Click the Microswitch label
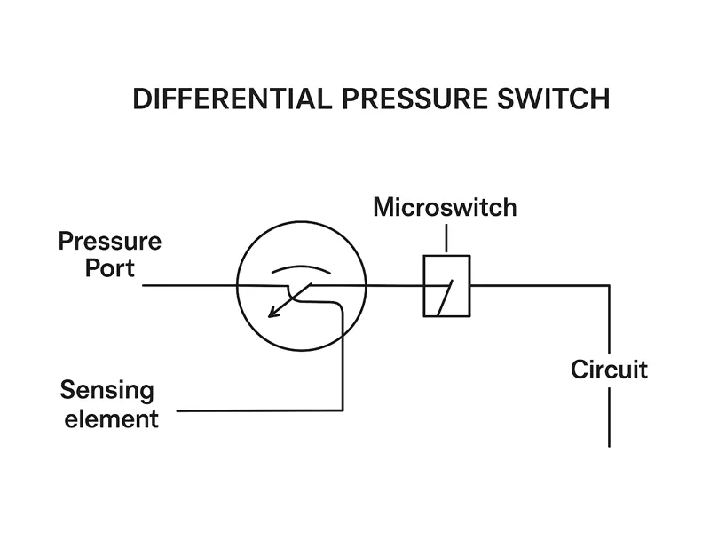(x=445, y=208)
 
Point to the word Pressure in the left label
(x=110, y=241)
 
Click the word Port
(x=110, y=267)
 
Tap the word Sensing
(x=106, y=391)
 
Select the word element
(x=109, y=418)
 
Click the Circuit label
(x=609, y=369)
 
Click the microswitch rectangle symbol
(x=446, y=286)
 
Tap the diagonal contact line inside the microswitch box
(x=445, y=298)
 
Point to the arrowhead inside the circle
(x=274, y=312)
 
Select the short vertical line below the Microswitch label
(x=446, y=239)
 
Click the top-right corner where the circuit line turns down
(x=609, y=286)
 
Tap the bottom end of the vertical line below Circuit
(x=609, y=445)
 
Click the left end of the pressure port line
(x=145, y=286)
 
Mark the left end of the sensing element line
(x=179, y=410)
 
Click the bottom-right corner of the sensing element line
(x=342, y=410)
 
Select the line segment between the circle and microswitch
(x=394, y=286)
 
